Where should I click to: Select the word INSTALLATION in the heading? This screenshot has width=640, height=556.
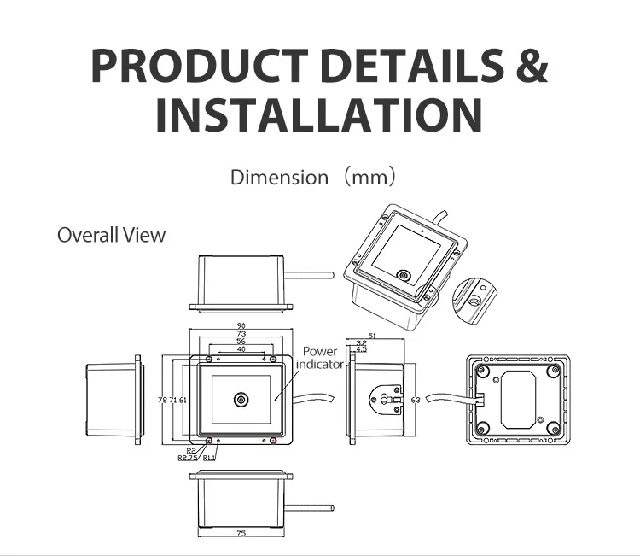click(x=319, y=114)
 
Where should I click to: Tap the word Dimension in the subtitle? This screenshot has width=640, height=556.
click(x=279, y=179)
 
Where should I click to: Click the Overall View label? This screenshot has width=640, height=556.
click(x=111, y=235)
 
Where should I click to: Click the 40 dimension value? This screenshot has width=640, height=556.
click(x=241, y=349)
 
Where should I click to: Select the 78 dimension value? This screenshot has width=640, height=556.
click(x=162, y=400)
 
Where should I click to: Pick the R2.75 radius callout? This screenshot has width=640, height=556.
click(x=188, y=458)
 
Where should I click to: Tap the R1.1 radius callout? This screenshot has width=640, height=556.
click(x=210, y=458)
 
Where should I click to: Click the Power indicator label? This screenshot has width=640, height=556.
click(x=320, y=358)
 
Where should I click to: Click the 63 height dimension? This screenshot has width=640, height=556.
click(x=416, y=400)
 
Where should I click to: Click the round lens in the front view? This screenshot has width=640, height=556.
click(x=241, y=400)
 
